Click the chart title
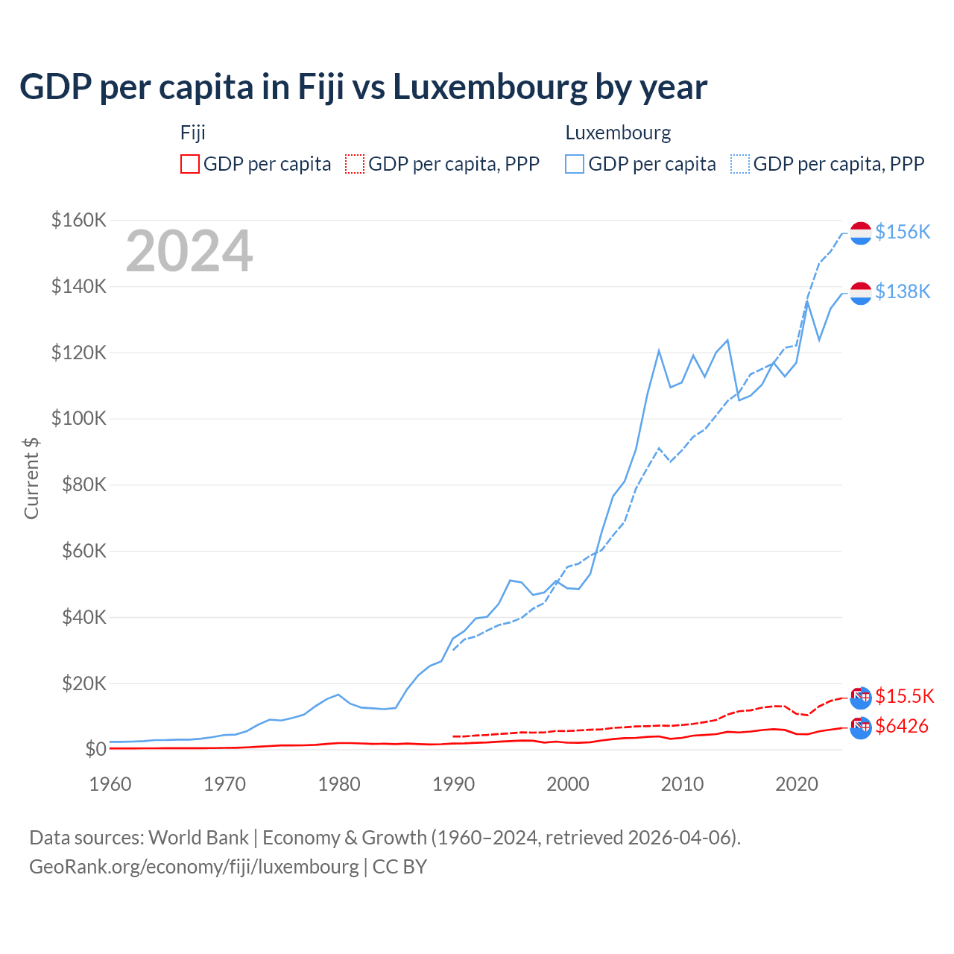pos(363,87)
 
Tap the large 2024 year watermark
pos(189,252)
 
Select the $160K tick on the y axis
pos(79,220)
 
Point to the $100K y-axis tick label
pos(79,418)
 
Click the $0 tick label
pos(95,749)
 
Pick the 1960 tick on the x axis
pos(110,784)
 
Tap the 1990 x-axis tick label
pos(453,784)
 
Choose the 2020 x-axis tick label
pos(797,784)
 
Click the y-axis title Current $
pos(31,478)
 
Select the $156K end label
pos(903,233)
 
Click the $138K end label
pos(903,291)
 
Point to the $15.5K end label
pos(904,696)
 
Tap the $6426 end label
pos(902,726)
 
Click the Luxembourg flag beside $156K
pos(861,233)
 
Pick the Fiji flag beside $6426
pos(861,727)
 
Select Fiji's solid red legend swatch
pos(190,164)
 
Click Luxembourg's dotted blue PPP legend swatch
pos(740,164)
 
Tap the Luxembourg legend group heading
pos(618,133)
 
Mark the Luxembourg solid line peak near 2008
pos(659,350)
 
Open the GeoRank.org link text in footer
pos(194,867)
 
